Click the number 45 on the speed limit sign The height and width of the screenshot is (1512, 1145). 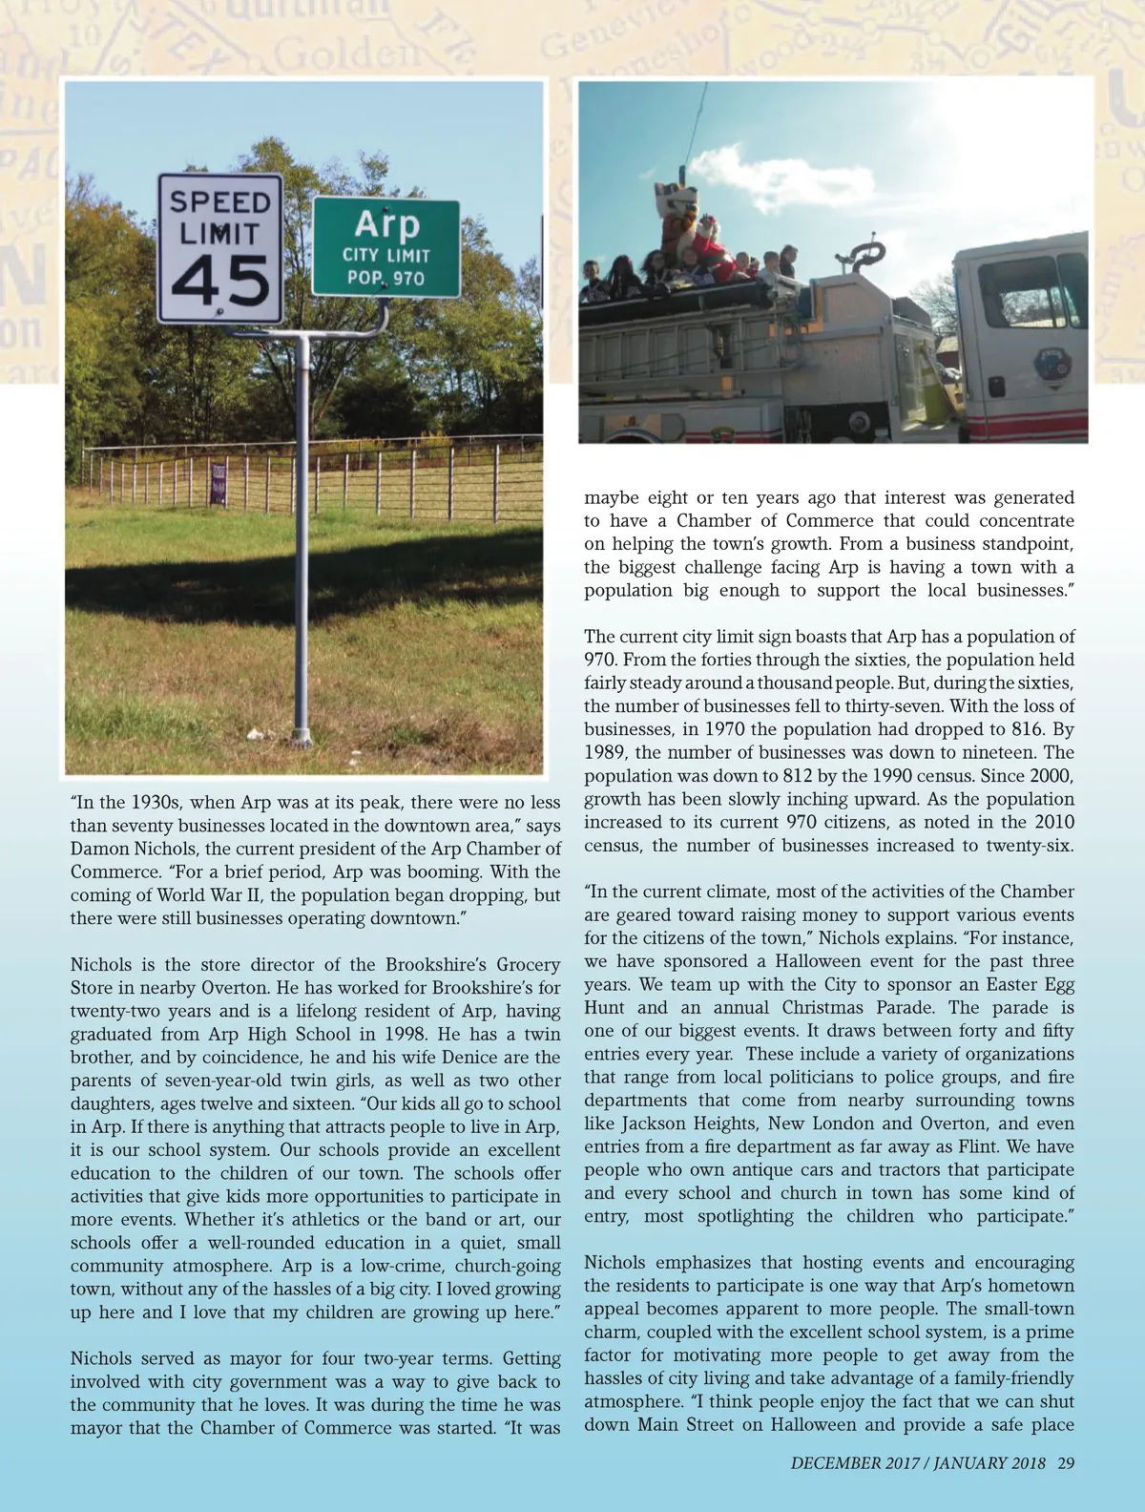pos(220,281)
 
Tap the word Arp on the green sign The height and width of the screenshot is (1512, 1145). pos(386,224)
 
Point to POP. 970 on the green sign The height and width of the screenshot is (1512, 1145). pos(386,278)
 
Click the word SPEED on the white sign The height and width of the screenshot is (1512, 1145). pos(220,201)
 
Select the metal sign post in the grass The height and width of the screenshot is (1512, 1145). pos(303,535)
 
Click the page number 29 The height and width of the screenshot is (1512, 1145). pos(1067,1462)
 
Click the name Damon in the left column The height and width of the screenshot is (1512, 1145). pos(100,849)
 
